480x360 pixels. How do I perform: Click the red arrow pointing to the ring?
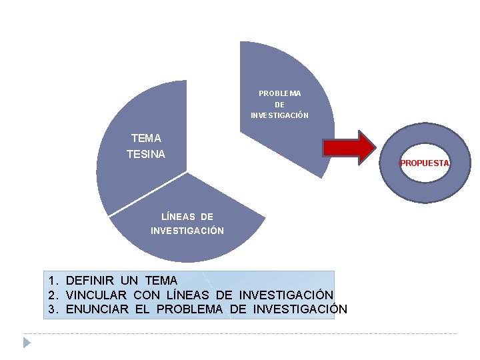point(349,147)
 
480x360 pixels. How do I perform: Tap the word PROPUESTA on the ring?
point(425,163)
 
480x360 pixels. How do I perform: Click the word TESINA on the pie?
point(146,154)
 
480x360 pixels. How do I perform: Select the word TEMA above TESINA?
point(146,139)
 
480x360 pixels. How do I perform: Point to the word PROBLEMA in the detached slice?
point(279,93)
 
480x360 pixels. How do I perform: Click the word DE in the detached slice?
point(279,105)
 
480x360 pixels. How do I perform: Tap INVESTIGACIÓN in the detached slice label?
point(279,115)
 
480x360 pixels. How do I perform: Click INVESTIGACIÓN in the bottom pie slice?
point(187,231)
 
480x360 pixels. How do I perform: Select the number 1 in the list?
point(51,281)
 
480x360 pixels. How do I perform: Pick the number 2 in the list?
point(51,295)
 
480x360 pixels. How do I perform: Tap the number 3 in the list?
point(51,309)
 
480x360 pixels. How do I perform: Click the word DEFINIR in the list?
point(90,281)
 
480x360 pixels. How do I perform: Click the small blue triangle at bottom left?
point(27,343)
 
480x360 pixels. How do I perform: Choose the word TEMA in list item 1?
point(159,281)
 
